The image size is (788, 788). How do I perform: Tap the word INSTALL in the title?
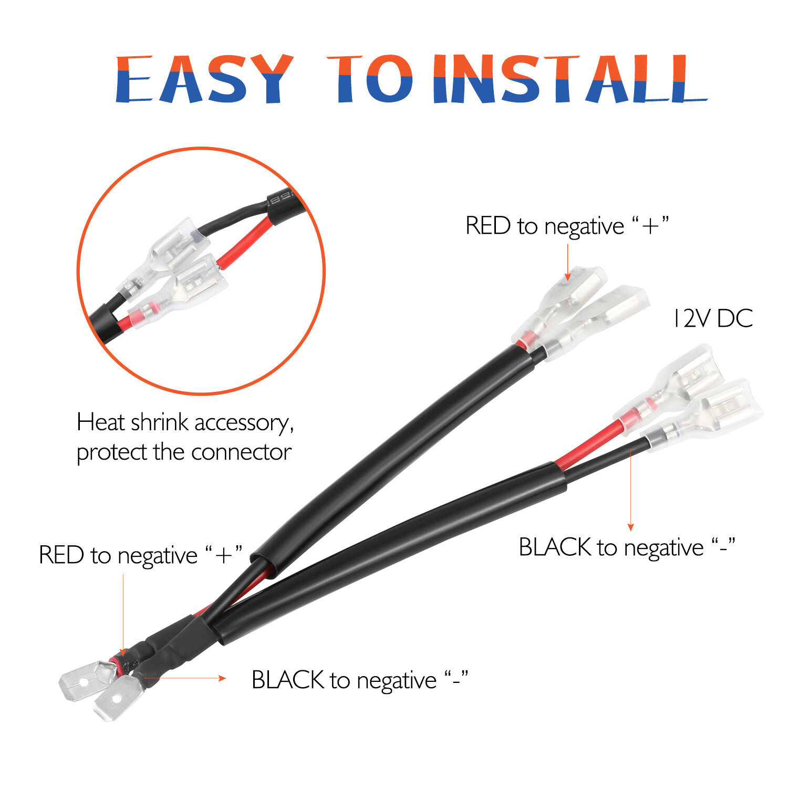[x=569, y=79]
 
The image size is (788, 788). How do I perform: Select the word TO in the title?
[x=370, y=79]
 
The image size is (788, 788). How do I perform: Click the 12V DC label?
[x=713, y=318]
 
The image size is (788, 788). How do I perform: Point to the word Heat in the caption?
[x=101, y=422]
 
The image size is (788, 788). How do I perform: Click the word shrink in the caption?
[x=159, y=422]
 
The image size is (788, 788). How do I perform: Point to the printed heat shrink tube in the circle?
[x=284, y=202]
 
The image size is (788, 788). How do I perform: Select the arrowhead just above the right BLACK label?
[x=631, y=527]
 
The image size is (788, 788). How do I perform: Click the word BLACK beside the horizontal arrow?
[x=288, y=680]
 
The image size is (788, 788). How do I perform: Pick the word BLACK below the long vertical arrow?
[x=555, y=547]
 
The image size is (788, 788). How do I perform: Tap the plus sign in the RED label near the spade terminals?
[x=224, y=556]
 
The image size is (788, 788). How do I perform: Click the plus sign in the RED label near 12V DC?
[x=650, y=226]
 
